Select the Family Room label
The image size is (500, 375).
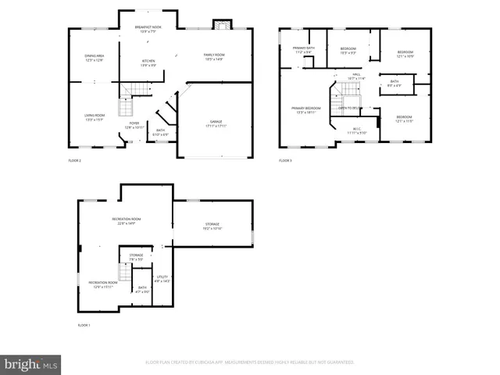point(214,56)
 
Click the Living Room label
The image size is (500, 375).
point(95,117)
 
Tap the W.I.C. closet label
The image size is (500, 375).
point(357,130)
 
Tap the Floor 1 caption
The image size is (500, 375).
point(84,324)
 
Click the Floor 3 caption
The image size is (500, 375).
point(285,160)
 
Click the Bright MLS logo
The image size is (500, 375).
point(31,364)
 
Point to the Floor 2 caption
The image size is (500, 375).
point(75,160)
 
